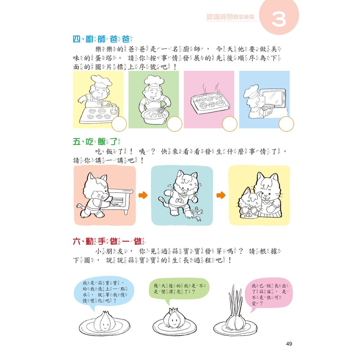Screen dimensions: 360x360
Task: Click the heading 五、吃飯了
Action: click(x=98, y=142)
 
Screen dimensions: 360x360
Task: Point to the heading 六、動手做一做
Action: click(x=109, y=241)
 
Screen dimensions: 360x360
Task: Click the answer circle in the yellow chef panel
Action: click(x=119, y=125)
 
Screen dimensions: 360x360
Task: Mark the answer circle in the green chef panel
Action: click(x=175, y=125)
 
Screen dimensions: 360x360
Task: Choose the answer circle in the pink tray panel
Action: click(x=230, y=125)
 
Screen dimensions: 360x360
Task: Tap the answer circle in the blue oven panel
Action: click(x=285, y=125)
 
